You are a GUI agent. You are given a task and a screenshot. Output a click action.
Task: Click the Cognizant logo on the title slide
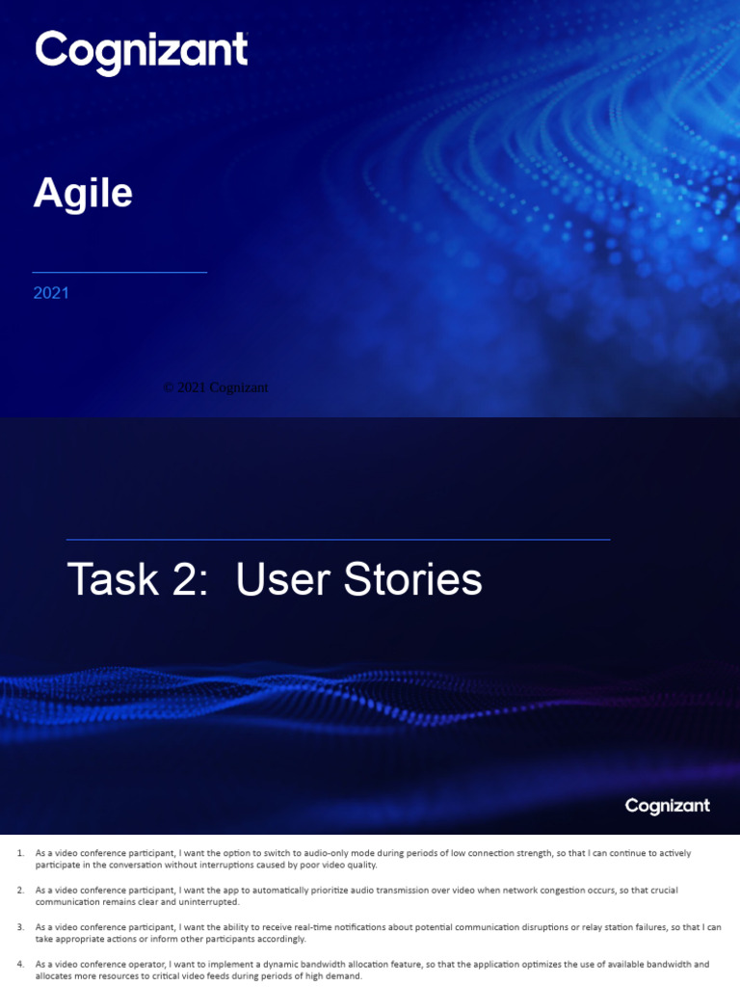click(141, 52)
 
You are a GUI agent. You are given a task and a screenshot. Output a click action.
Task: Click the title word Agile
click(83, 194)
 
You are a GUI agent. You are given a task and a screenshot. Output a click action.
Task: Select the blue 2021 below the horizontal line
click(51, 293)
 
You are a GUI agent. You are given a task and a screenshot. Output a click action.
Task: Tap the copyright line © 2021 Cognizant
click(216, 387)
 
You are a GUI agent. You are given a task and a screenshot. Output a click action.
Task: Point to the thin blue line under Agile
click(119, 273)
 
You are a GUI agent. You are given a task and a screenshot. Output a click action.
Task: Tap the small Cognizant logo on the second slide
click(667, 806)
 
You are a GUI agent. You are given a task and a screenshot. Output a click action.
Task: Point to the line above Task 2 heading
click(337, 540)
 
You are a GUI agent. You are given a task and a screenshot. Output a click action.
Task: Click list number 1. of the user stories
click(20, 853)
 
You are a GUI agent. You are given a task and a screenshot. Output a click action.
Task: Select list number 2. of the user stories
click(20, 890)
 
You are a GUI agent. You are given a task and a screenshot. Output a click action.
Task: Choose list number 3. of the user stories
click(20, 927)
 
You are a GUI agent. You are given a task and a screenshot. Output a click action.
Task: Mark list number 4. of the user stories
click(20, 964)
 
